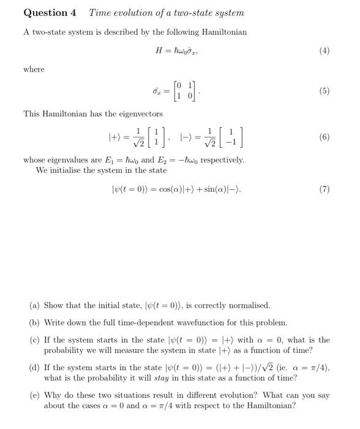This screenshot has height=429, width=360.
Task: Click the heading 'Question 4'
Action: click(50, 13)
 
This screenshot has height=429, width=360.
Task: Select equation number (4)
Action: click(324, 51)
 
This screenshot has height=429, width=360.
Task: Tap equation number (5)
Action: click(324, 91)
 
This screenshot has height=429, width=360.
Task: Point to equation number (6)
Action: click(324, 137)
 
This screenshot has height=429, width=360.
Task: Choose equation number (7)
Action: click(324, 189)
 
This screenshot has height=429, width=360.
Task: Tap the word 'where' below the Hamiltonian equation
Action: click(34, 69)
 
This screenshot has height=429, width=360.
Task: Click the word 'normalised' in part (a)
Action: click(247, 305)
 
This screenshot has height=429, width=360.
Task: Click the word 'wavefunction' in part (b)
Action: click(195, 322)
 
